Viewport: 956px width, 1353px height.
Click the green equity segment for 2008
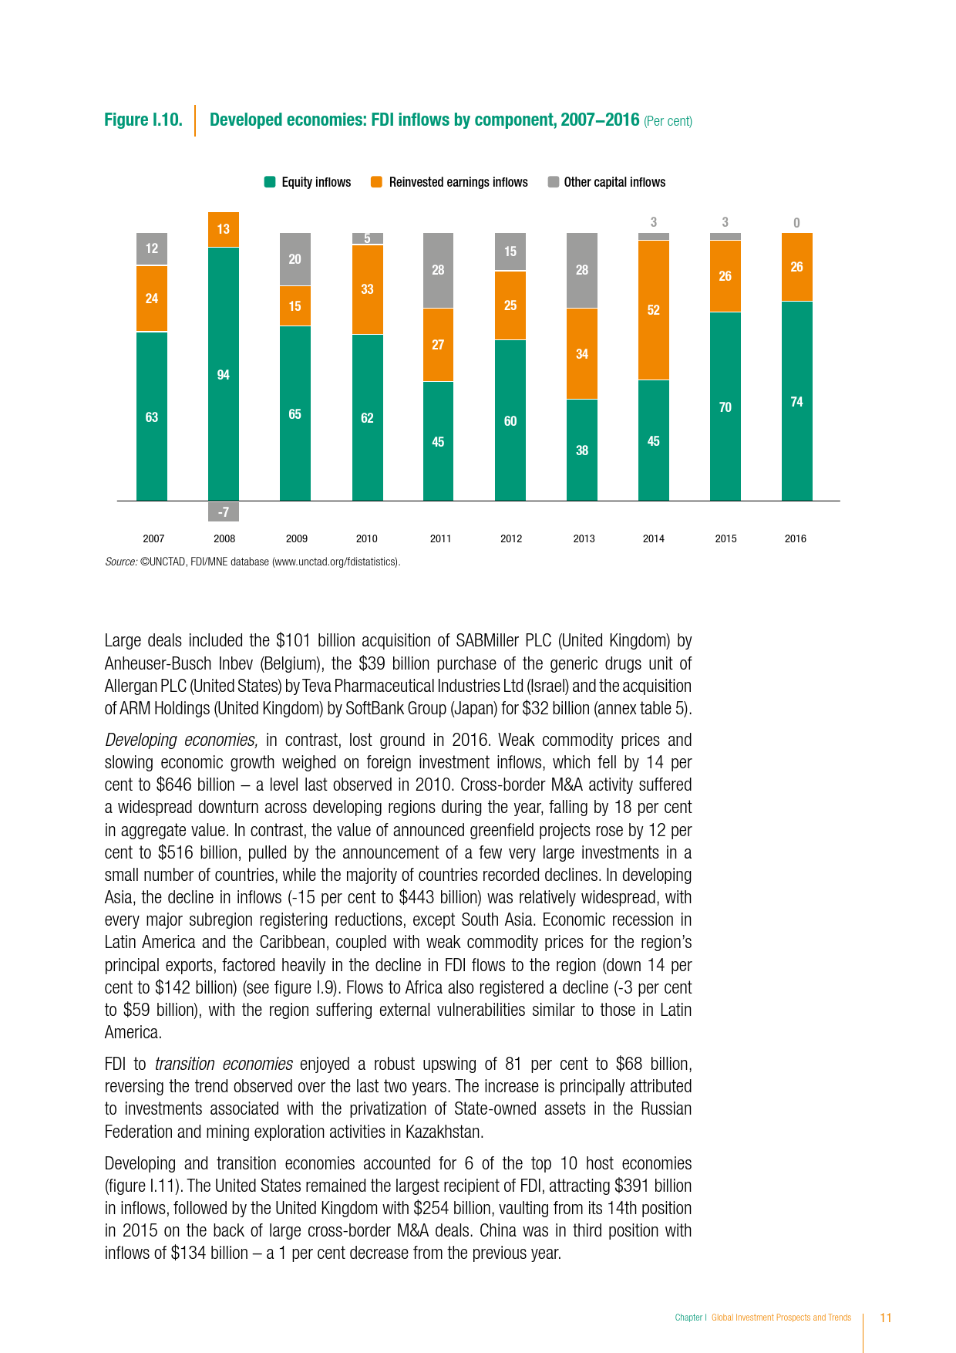click(224, 374)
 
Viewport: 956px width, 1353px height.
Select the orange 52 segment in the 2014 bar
click(654, 310)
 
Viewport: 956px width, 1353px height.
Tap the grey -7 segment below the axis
click(224, 511)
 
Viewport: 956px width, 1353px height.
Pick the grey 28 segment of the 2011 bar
click(438, 270)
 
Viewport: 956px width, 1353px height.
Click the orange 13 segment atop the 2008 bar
click(224, 229)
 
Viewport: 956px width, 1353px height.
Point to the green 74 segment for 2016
click(796, 401)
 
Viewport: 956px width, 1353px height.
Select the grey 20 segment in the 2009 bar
click(295, 259)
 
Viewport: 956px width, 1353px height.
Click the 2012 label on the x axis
click(511, 538)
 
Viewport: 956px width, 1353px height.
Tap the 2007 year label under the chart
click(153, 538)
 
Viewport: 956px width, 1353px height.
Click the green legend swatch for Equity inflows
click(270, 182)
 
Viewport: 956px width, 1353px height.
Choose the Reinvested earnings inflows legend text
click(458, 182)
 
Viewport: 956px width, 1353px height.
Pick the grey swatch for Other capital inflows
click(553, 182)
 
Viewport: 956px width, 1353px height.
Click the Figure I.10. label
click(143, 120)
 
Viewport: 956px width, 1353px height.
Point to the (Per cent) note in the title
click(668, 121)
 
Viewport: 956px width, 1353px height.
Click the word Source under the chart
click(121, 562)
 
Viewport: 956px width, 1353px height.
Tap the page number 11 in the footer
click(886, 1318)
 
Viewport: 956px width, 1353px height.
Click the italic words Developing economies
click(180, 740)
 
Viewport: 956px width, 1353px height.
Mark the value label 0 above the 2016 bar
click(796, 223)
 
